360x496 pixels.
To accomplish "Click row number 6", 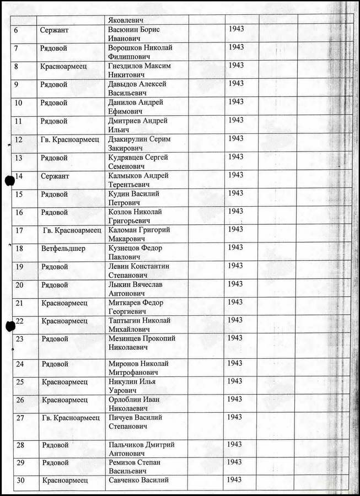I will (16, 30).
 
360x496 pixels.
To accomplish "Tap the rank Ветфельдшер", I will (63, 248).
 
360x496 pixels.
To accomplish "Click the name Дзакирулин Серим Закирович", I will (138, 143).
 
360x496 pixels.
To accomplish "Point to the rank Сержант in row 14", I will (55, 176).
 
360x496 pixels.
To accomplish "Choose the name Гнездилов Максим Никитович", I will (139, 70).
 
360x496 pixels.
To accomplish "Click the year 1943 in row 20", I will (235, 284).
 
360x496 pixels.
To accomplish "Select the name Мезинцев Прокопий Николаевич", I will (142, 343).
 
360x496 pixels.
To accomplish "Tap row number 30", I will (20, 480).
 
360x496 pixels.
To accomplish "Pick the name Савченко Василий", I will (138, 480).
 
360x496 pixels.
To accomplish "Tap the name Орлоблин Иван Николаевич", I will (135, 403).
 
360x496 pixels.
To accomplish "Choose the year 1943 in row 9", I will (235, 84).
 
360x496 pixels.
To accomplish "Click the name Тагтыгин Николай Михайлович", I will (139, 325).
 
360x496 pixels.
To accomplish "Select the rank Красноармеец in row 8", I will (64, 66).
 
